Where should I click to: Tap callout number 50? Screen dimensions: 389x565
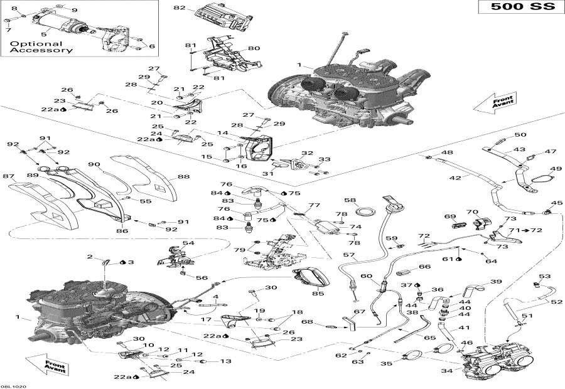(x=520, y=135)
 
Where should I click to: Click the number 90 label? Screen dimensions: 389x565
(x=94, y=164)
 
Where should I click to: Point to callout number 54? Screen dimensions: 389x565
(x=188, y=243)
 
